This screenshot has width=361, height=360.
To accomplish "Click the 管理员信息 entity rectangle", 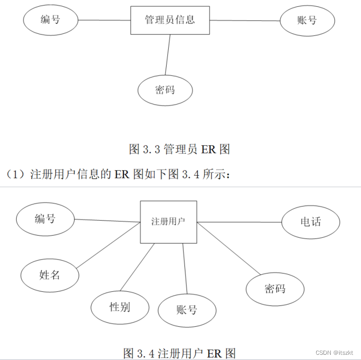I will pos(170,20).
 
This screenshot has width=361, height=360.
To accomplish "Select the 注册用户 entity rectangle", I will pos(168,222).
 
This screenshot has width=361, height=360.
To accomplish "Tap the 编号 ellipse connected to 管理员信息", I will pos(51,20).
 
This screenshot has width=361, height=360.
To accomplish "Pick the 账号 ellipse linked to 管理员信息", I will pos(307,21).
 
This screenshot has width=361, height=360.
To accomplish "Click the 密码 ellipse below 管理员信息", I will pos(165,90).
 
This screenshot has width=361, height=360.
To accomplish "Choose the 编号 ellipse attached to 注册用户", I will pos(45,219).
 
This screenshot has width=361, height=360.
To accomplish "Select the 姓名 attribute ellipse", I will pos(50,274).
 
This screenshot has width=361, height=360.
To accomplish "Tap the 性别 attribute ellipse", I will pos(119,307).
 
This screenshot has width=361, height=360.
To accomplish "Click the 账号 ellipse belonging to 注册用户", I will pos(186,310).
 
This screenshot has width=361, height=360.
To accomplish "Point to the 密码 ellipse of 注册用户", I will pos(275,288).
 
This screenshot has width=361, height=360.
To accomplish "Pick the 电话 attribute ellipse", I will pos(310,222).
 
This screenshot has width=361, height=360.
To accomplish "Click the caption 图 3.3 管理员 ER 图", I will pos(179,149).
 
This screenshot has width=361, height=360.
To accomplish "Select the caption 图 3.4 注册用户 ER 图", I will pos(179,353).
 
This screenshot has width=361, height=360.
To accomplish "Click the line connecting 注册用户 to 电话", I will pos(240,222).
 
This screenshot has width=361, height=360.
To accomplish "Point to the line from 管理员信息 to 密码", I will pos(168,55).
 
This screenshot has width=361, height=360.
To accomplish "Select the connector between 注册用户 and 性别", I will pos(138,267).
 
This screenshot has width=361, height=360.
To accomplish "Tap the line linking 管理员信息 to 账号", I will pos(245,21).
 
